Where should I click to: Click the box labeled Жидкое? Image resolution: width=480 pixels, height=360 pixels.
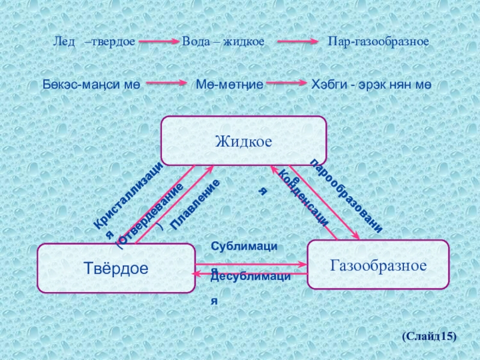coord(244,141)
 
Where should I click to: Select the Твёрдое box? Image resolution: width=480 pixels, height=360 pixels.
coord(116,268)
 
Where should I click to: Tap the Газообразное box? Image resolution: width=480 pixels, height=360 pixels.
coord(378,265)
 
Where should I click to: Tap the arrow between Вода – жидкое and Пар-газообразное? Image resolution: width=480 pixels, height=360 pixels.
coord(297,43)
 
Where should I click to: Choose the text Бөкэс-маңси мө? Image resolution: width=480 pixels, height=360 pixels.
coord(91,85)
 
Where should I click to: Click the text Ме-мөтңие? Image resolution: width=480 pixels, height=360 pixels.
coord(230,85)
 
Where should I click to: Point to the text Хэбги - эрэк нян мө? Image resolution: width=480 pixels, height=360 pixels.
coord(371,85)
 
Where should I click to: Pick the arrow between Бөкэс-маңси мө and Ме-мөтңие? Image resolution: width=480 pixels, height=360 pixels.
coord(169,84)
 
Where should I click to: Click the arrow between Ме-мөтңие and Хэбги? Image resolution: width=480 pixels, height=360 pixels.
coord(286,84)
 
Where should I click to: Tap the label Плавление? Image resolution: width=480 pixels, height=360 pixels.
coord(195,205)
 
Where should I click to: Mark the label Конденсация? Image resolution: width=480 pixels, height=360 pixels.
coord(303,197)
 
